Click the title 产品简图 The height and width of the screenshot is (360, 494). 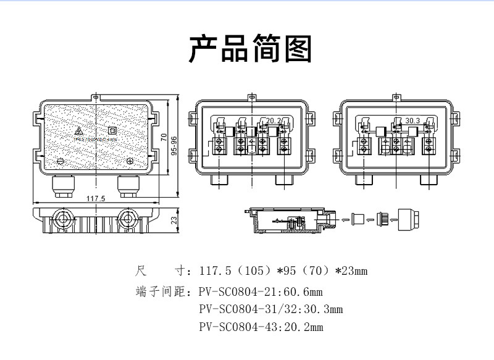(250, 49)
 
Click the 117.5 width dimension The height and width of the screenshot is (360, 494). (95, 198)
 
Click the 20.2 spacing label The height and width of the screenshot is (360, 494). (274, 120)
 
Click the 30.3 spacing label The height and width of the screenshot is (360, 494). (412, 120)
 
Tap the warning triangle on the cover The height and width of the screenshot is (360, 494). (78, 132)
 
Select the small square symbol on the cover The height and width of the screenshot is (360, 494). (112, 131)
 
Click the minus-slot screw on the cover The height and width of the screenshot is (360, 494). (61, 161)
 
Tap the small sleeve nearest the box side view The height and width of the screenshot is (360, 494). (357, 219)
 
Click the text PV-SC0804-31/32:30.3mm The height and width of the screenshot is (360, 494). (271, 309)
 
